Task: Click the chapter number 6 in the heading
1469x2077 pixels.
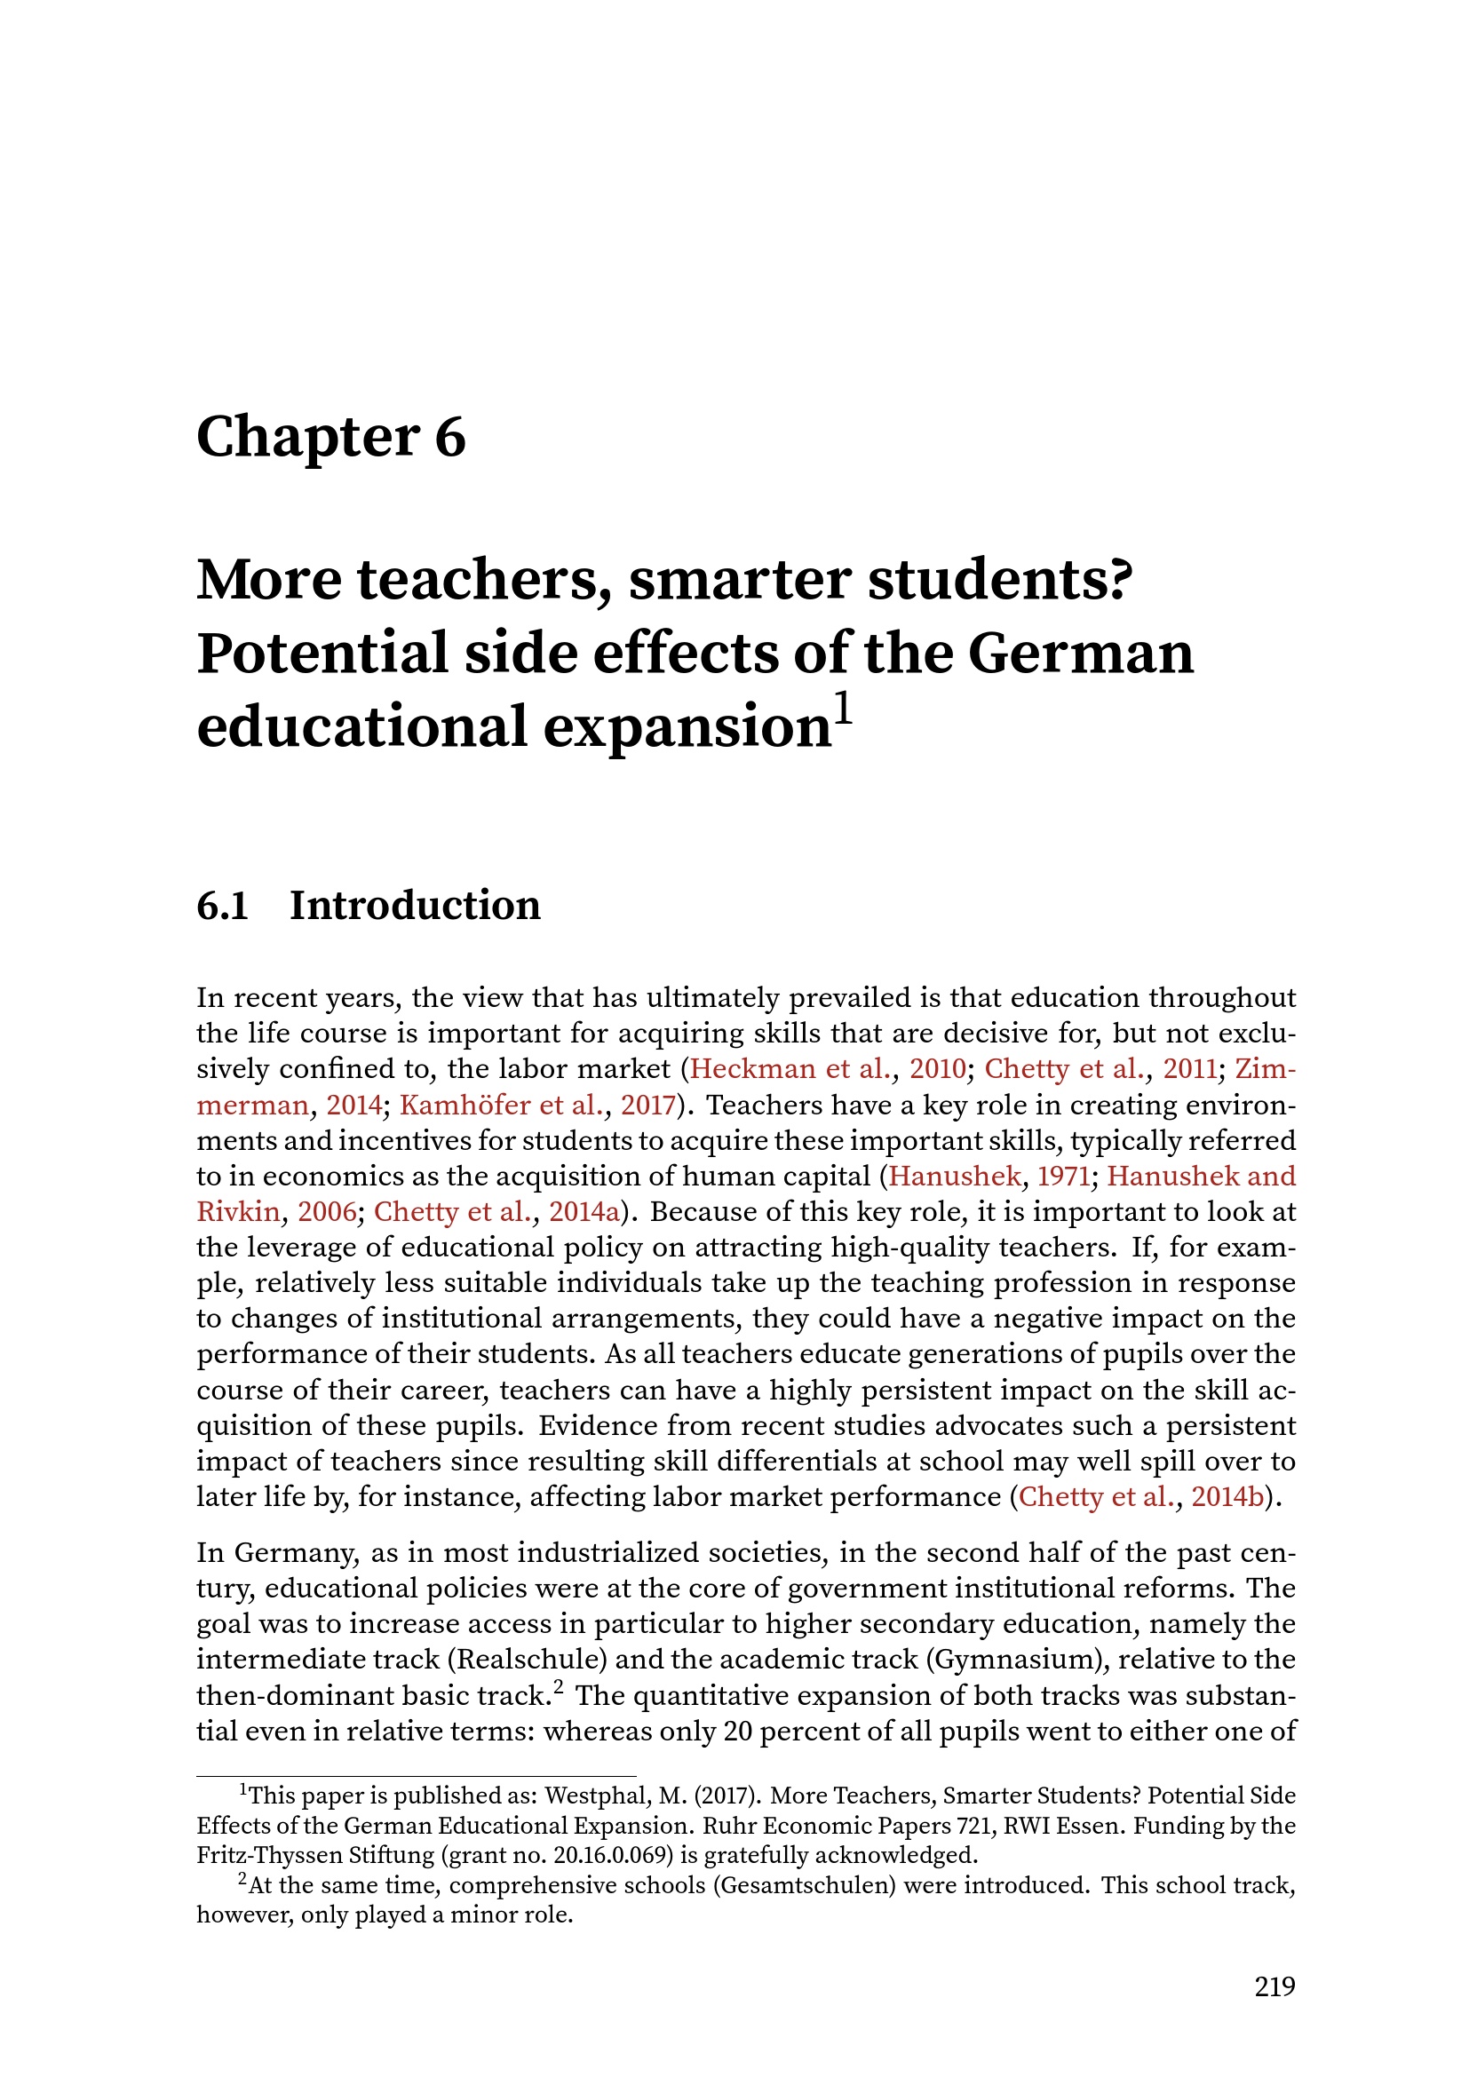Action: pos(449,438)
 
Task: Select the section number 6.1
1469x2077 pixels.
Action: pos(223,906)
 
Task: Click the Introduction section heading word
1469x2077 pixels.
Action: pos(415,906)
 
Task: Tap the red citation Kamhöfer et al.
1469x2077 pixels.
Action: pos(500,1106)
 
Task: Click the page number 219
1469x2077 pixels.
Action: pos(1274,1987)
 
